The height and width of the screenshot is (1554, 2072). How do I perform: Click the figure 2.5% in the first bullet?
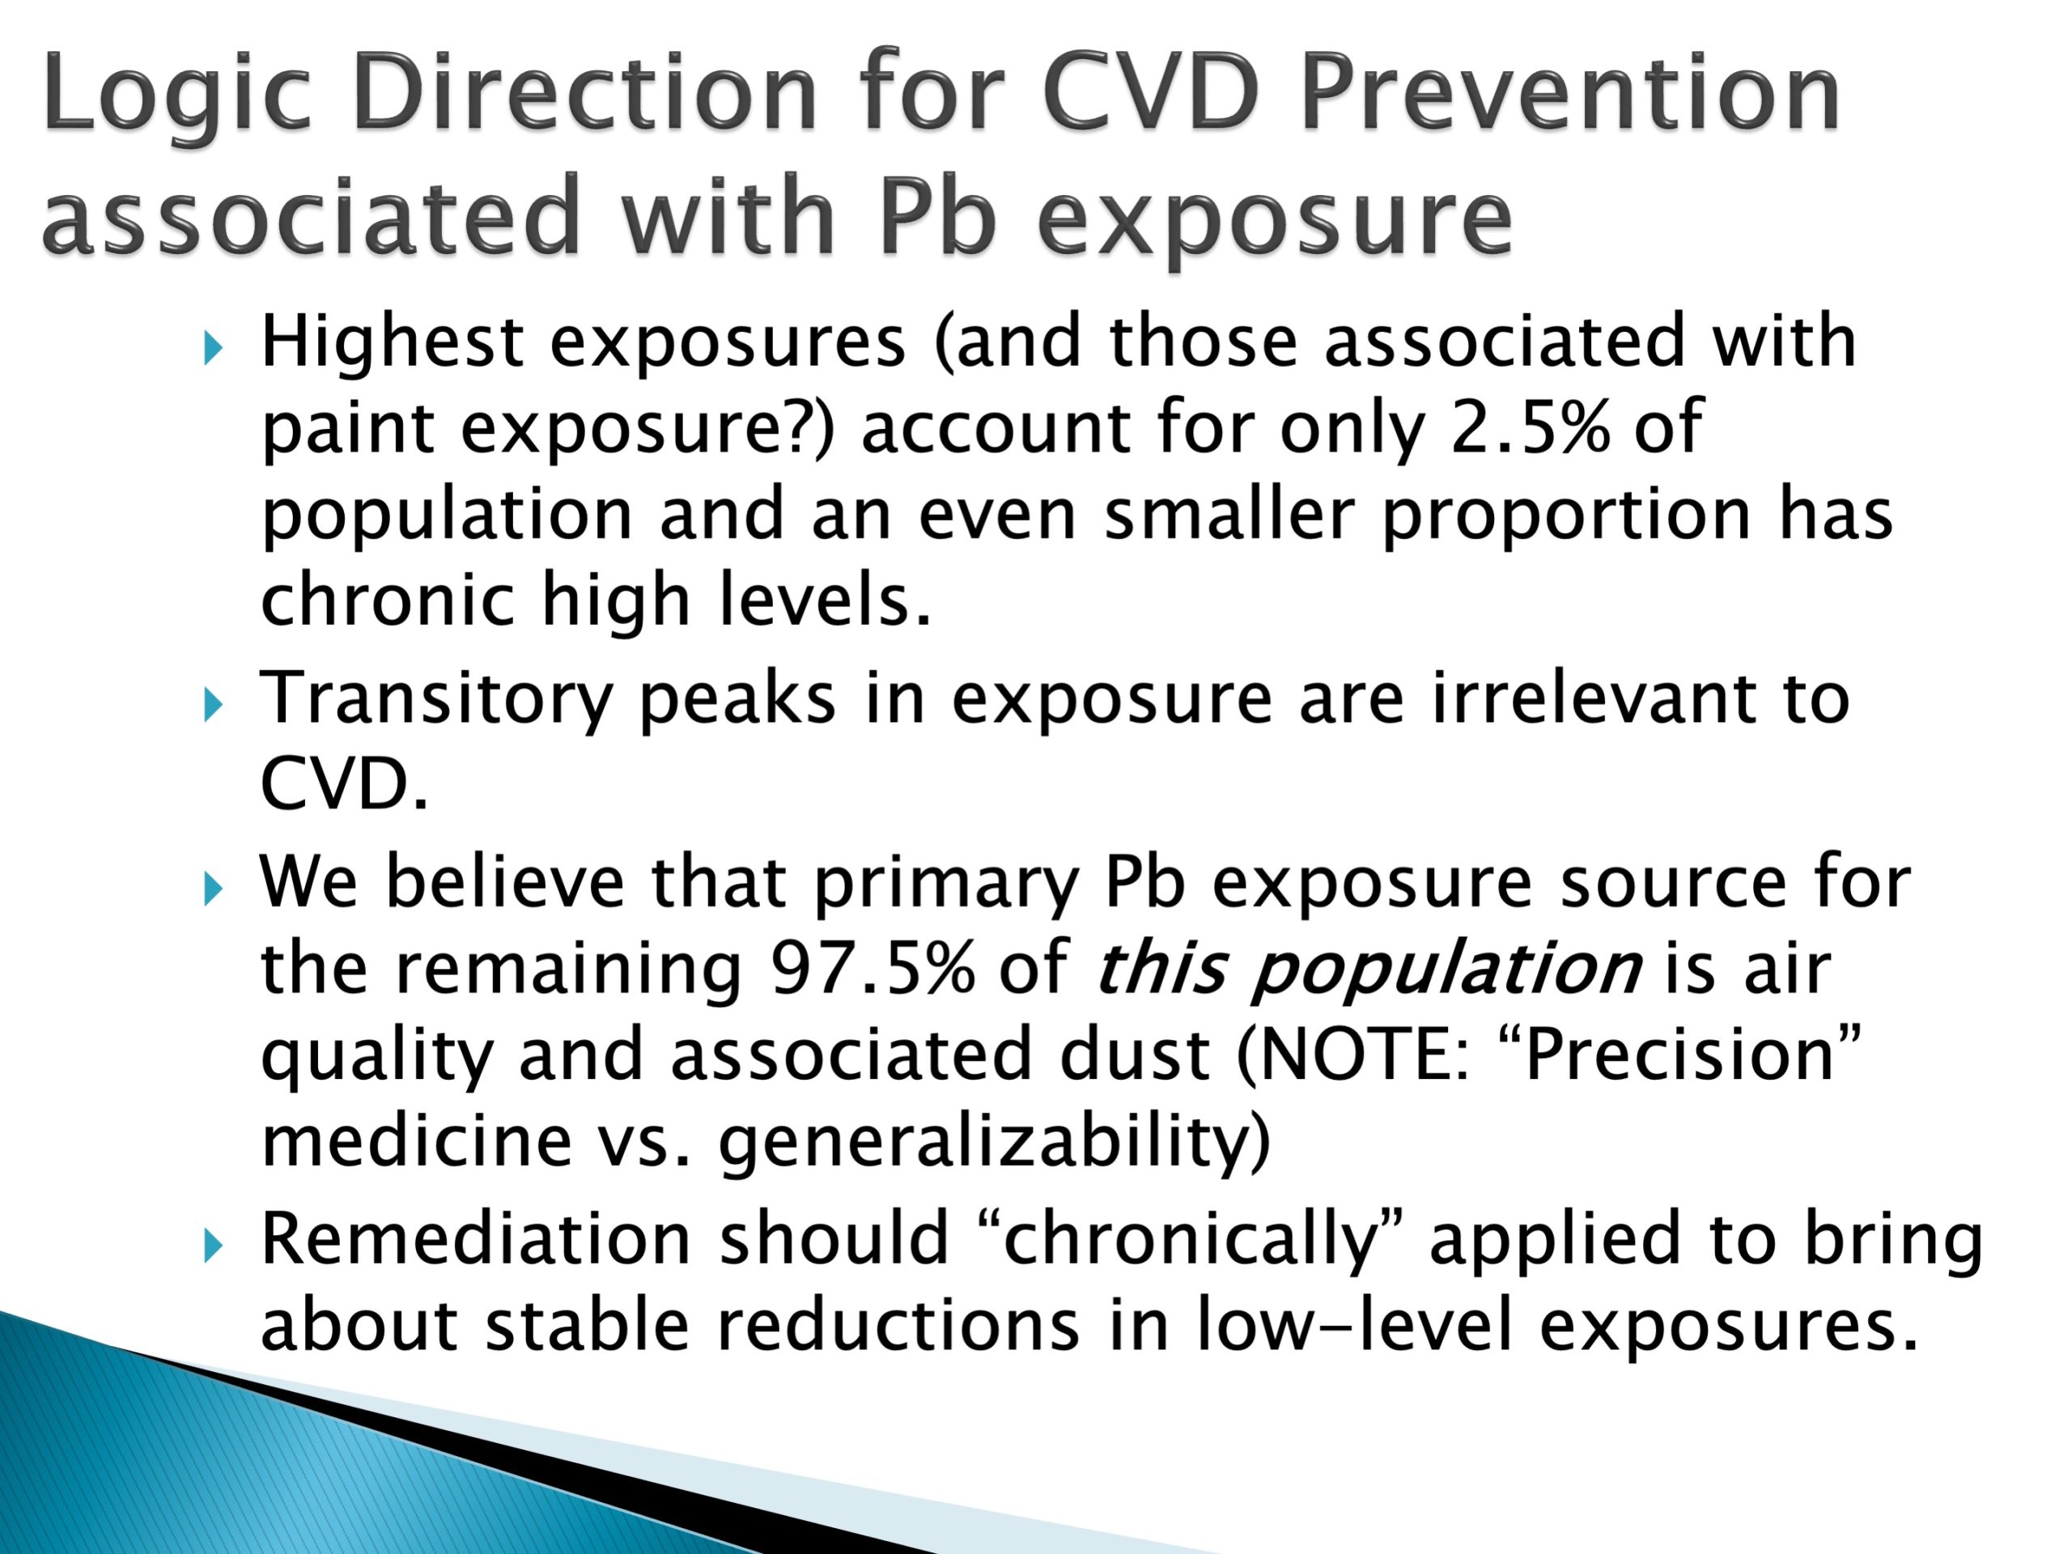(1530, 427)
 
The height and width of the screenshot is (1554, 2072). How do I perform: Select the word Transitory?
(435, 700)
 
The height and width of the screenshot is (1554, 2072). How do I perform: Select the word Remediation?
(476, 1238)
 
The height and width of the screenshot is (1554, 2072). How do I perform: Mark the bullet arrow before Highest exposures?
(214, 350)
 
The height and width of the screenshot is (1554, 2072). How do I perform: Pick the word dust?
(1135, 1055)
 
